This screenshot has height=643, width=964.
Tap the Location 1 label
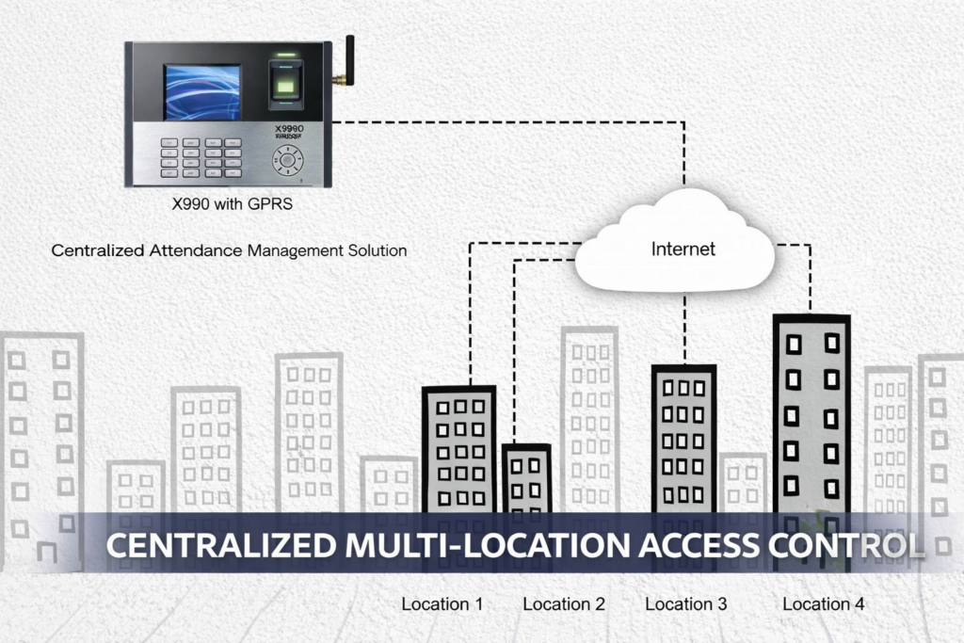[442, 603]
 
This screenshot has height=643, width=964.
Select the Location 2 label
[563, 603]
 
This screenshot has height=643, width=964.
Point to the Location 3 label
[685, 603]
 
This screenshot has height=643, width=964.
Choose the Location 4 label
[823, 603]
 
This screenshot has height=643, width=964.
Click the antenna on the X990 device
[348, 62]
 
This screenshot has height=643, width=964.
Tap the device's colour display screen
[202, 92]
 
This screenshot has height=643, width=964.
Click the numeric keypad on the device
[200, 157]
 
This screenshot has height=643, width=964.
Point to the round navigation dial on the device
[286, 160]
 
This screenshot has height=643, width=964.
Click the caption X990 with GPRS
[231, 204]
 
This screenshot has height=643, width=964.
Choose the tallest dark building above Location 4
[811, 414]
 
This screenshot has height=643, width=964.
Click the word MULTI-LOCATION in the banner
[494, 545]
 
